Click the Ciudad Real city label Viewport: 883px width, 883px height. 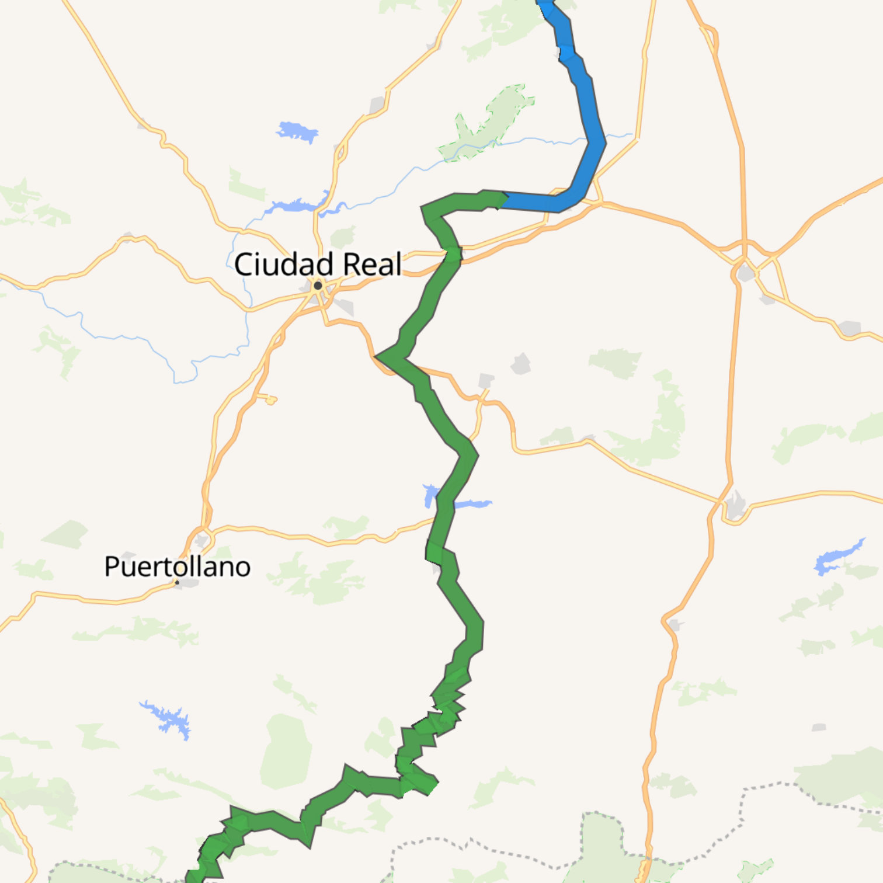pyautogui.click(x=318, y=264)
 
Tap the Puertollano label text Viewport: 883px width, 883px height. pyautogui.click(x=177, y=566)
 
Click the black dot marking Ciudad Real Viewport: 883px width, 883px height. pyautogui.click(x=318, y=286)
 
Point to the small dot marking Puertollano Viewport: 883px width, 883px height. pyautogui.click(x=177, y=582)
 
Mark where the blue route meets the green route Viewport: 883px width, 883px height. pyautogui.click(x=501, y=200)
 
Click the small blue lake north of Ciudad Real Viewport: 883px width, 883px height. pyautogui.click(x=297, y=132)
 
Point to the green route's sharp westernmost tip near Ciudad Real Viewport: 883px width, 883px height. pyautogui.click(x=377, y=356)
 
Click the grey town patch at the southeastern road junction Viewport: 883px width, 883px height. pyautogui.click(x=735, y=506)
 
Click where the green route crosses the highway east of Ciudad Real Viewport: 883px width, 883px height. pyautogui.click(x=453, y=255)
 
